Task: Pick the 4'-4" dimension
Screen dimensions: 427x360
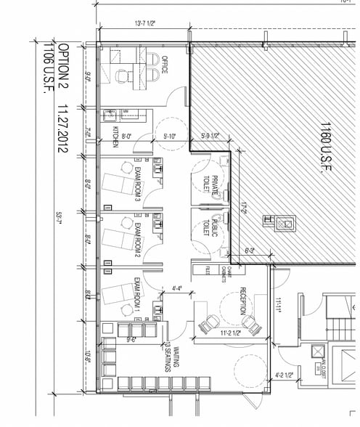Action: click(x=176, y=288)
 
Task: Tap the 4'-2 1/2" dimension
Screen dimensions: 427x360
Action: click(x=285, y=376)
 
